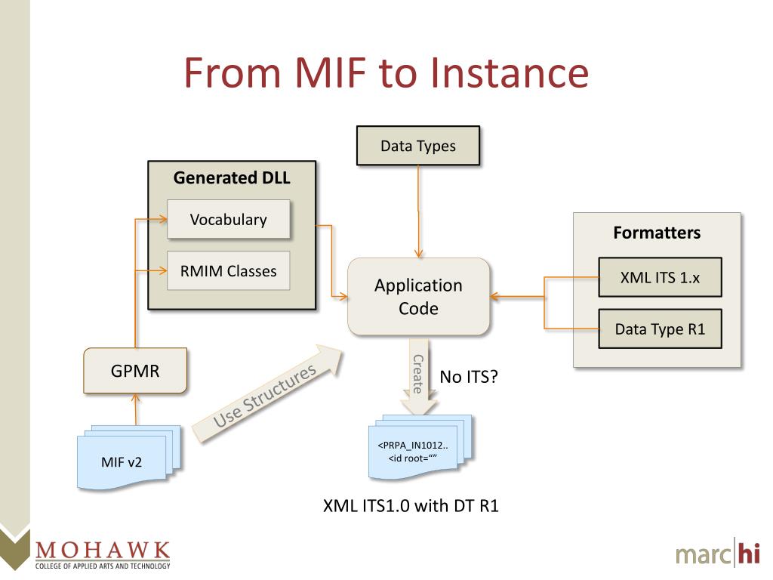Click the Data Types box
[x=417, y=146]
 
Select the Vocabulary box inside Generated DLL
[x=228, y=220]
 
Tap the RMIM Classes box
[x=228, y=271]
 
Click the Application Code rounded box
[x=418, y=297]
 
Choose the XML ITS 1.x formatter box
[x=660, y=277]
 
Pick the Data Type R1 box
[x=660, y=329]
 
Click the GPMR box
[x=135, y=372]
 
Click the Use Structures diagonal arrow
[x=264, y=393]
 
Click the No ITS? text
[x=468, y=376]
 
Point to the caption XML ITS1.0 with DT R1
[x=411, y=506]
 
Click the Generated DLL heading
[x=231, y=178]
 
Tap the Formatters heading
[x=657, y=233]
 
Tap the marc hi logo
[x=717, y=554]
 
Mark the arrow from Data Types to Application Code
[x=418, y=211]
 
